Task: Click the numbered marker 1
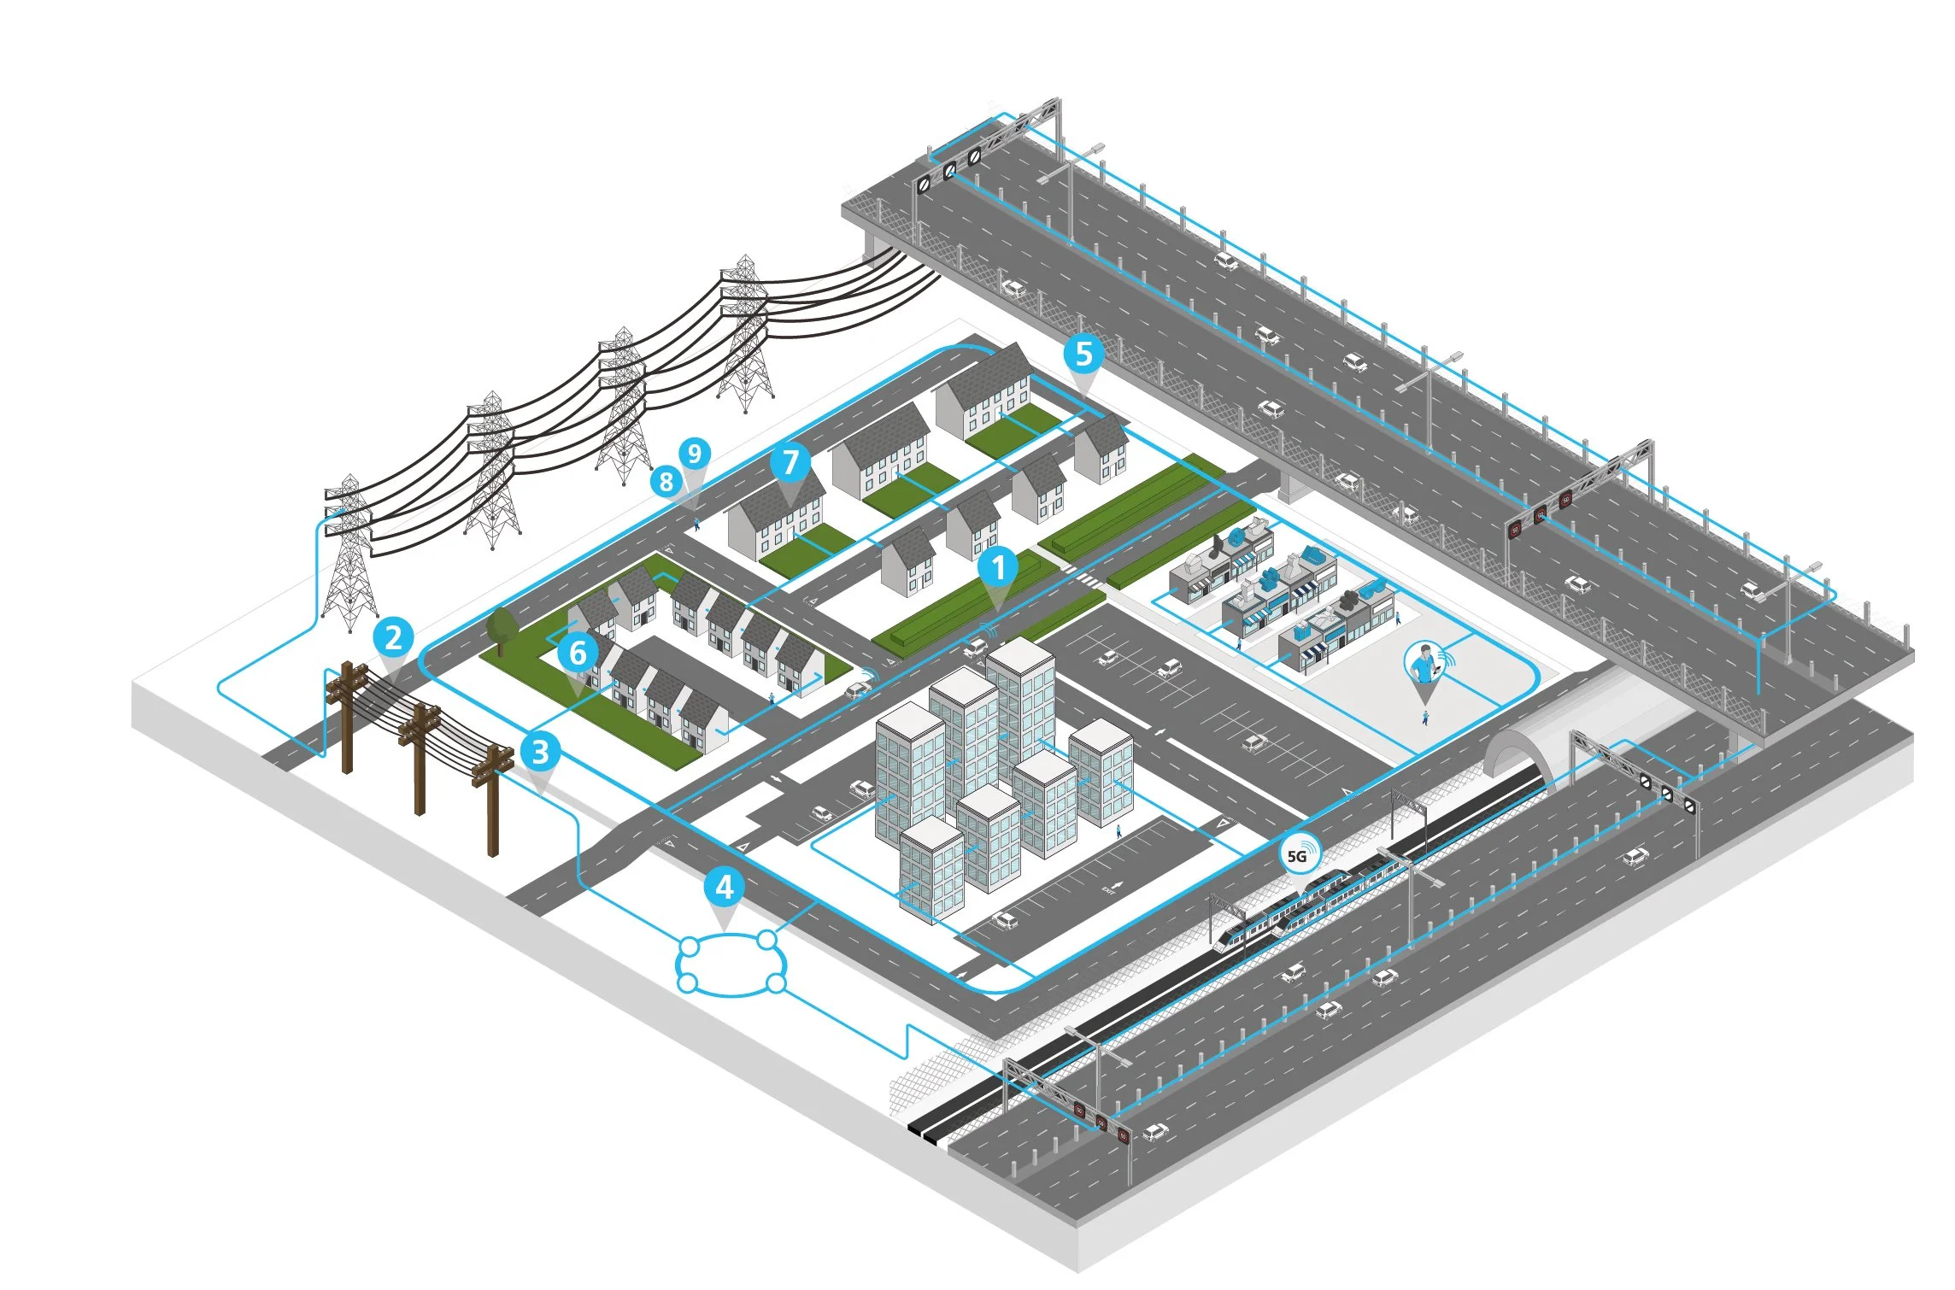[x=997, y=566]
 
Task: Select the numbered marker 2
[x=393, y=637]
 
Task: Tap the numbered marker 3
[x=540, y=752]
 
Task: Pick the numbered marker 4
[x=724, y=887]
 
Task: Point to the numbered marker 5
[x=1083, y=353]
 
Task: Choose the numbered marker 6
[x=578, y=653]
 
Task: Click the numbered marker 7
[x=790, y=462]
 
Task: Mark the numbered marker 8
[x=666, y=482]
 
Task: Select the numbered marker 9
[x=695, y=453]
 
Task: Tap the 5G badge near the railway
[x=1299, y=854]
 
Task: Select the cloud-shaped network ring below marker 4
[x=731, y=964]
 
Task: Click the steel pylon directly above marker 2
[x=349, y=555]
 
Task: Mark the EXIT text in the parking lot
[x=1109, y=888]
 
